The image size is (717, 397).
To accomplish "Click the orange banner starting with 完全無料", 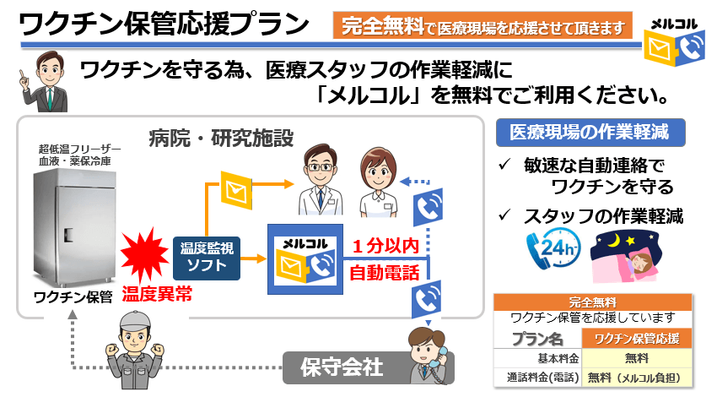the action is click(x=482, y=25).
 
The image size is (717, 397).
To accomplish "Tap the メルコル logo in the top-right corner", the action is click(x=675, y=41).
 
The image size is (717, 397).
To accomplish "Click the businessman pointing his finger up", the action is click(x=45, y=81).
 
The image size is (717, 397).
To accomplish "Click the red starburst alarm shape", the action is click(x=144, y=255).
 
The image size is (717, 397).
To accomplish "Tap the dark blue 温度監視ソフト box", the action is click(x=207, y=258).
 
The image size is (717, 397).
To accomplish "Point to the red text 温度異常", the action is click(x=157, y=294).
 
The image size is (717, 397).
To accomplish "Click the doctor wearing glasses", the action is click(x=321, y=180).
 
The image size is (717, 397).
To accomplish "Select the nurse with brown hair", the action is click(x=378, y=182).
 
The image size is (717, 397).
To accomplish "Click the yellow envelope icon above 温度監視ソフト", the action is click(x=236, y=190).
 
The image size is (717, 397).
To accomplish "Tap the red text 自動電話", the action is click(x=385, y=273).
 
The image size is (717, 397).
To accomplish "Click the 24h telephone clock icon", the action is click(x=553, y=249).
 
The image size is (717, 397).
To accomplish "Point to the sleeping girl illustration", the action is click(x=626, y=256).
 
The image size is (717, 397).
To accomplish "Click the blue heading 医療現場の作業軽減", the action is click(x=590, y=133).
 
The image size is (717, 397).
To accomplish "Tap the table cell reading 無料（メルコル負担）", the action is click(x=637, y=378).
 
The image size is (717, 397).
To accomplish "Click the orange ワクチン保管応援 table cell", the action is click(x=637, y=339).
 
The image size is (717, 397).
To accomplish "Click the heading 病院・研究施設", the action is click(x=221, y=139).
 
